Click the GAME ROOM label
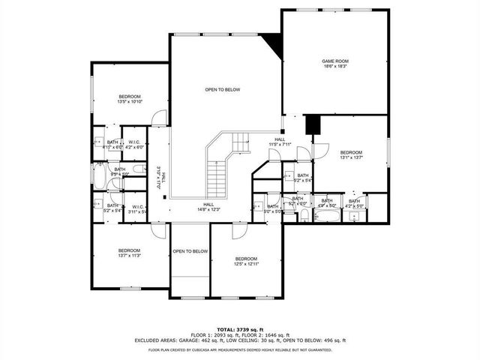point(335,64)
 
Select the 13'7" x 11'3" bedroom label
point(129,253)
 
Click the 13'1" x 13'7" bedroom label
point(350,155)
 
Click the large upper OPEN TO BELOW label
point(223,90)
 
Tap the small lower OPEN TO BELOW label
point(190,251)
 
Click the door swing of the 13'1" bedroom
point(321,149)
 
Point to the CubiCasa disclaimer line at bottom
point(240,349)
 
